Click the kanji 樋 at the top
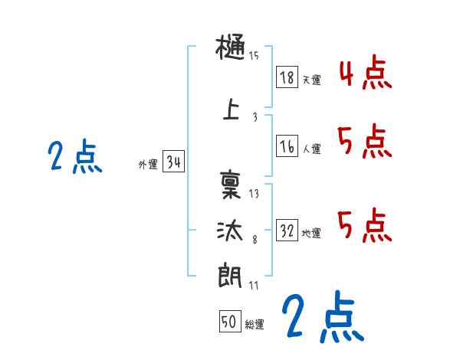click(231, 50)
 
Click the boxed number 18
click(287, 77)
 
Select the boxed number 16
click(287, 146)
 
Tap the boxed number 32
click(287, 231)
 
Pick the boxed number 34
click(173, 162)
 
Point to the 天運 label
click(311, 80)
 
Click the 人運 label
click(311, 149)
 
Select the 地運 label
click(311, 233)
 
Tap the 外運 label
click(148, 164)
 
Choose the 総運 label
click(255, 324)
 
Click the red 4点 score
click(365, 74)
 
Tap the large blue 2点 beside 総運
click(322, 318)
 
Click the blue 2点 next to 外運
click(74, 157)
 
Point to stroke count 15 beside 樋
click(254, 55)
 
